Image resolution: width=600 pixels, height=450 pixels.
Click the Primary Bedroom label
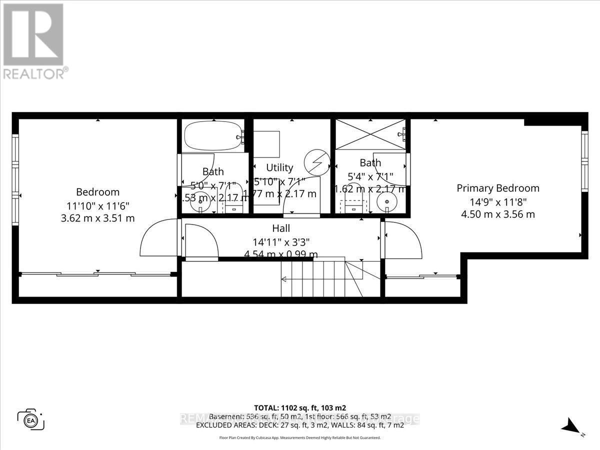coord(498,188)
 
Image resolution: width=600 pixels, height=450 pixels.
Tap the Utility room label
coord(279,167)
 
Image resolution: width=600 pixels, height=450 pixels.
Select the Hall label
coord(281,228)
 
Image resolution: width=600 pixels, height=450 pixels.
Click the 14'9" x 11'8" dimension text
coord(498,202)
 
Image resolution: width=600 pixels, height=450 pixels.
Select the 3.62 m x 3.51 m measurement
coord(97,218)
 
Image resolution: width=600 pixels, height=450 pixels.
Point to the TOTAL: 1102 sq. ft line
coord(300,407)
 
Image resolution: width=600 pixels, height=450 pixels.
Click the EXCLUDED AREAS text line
coord(300,426)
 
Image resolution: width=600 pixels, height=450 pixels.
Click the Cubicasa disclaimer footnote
coord(300,437)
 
